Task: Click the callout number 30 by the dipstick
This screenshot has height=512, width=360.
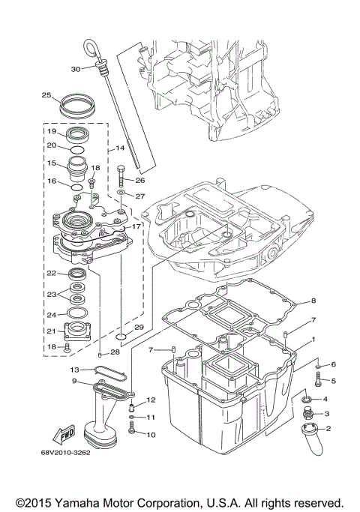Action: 75,69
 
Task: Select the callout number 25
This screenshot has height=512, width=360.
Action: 46,95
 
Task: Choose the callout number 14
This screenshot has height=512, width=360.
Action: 120,148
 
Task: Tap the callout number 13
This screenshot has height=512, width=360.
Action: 75,370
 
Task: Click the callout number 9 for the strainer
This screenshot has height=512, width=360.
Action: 75,381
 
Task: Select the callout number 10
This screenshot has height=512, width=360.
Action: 150,434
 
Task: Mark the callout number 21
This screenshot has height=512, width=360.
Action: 52,331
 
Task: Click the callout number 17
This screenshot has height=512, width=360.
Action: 136,226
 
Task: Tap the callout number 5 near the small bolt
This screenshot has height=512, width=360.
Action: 334,381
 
